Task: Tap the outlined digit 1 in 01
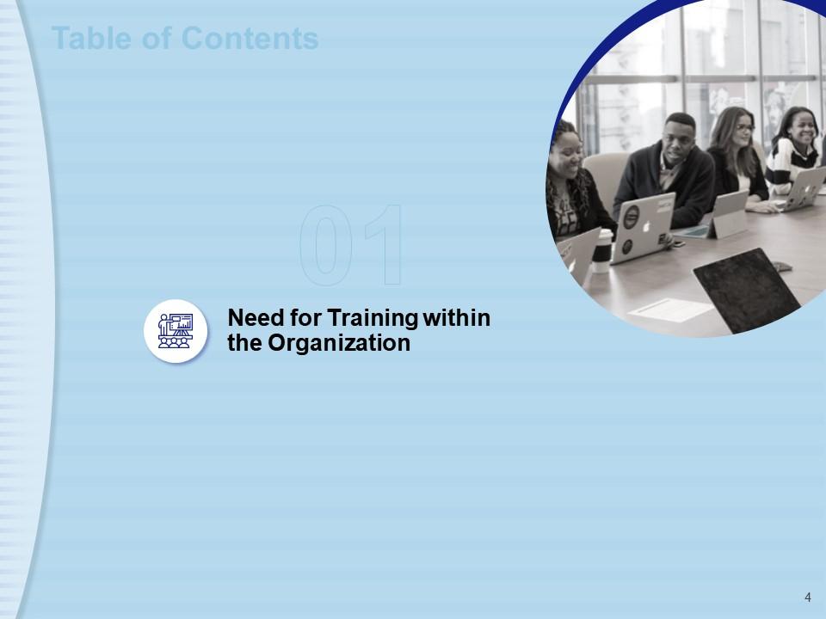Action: (385, 245)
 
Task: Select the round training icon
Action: (176, 331)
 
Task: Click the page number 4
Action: (808, 598)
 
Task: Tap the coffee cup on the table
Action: (601, 250)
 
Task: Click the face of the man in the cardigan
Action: (680, 135)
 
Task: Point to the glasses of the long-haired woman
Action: (743, 129)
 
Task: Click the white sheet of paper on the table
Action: (671, 309)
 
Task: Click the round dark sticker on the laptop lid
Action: (632, 218)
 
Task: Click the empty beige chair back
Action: (602, 176)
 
